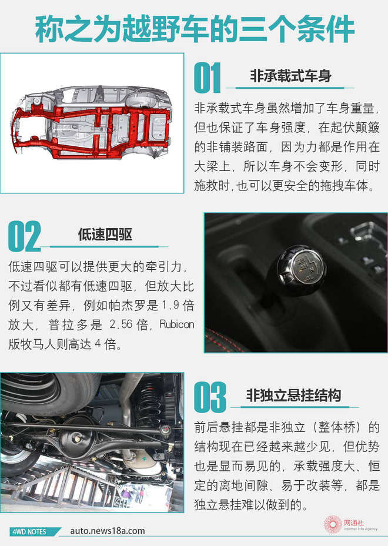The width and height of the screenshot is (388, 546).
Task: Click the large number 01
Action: (x=208, y=78)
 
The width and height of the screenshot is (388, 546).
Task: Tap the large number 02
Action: (x=24, y=236)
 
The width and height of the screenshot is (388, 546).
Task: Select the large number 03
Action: (x=210, y=397)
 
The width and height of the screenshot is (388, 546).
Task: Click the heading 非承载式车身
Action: (x=290, y=76)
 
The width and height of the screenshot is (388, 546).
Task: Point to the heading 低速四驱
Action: (x=105, y=235)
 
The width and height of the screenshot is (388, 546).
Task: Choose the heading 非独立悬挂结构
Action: (x=293, y=395)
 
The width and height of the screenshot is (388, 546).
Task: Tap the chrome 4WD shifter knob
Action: (x=301, y=270)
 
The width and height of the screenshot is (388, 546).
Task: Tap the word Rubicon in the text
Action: (x=176, y=324)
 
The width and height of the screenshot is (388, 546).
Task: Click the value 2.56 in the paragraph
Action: (x=121, y=324)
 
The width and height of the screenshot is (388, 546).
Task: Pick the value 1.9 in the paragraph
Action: (x=170, y=306)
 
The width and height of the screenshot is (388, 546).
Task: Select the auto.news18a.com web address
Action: (x=107, y=531)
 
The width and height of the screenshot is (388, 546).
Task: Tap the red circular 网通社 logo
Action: (x=333, y=524)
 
